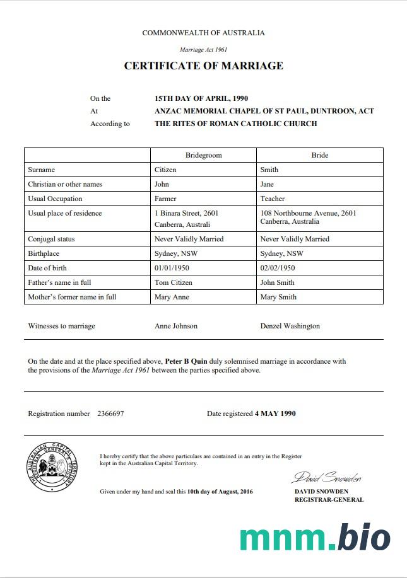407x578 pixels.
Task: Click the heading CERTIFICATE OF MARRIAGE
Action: [x=203, y=66]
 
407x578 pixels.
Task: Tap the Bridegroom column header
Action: [x=203, y=155]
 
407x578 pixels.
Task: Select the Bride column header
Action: [x=319, y=155]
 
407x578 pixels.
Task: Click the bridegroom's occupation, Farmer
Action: [x=165, y=199]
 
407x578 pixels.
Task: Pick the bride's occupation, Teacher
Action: [x=273, y=199]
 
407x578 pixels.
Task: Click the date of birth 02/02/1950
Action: [x=279, y=268]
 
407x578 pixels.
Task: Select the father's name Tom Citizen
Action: [x=174, y=282]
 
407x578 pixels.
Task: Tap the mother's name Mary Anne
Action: [x=172, y=297]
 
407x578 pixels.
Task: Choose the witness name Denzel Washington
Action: [x=290, y=326]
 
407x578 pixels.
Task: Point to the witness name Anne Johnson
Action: [x=176, y=326]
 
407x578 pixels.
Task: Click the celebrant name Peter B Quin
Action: [x=186, y=362]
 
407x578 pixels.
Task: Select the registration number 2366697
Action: [x=110, y=413]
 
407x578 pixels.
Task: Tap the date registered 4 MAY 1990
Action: [x=275, y=413]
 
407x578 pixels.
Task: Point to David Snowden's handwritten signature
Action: [x=326, y=477]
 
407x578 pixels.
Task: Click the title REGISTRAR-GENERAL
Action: [x=329, y=500]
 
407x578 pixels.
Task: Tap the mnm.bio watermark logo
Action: [x=314, y=538]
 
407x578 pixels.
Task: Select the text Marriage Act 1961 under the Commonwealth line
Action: [x=203, y=49]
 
